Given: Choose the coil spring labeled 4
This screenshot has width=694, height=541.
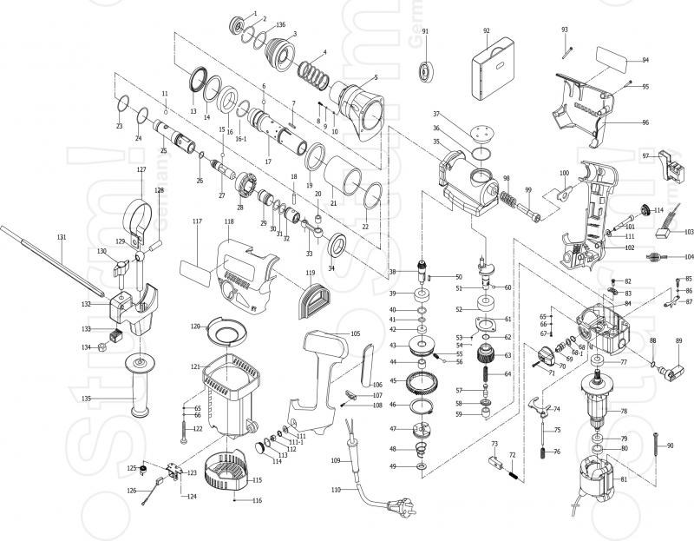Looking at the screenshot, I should [314, 73].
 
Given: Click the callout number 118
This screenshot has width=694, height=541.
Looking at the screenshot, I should [228, 221].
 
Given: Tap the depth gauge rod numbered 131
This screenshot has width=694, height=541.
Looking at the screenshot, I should [52, 256].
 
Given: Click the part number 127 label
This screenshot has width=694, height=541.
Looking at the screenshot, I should [141, 170].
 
